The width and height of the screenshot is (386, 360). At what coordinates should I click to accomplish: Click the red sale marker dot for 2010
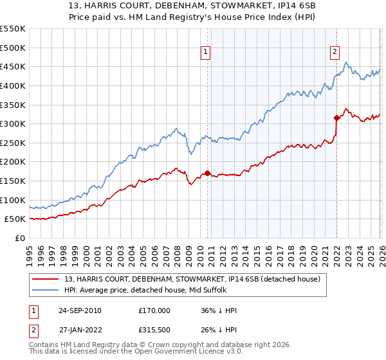click(207, 173)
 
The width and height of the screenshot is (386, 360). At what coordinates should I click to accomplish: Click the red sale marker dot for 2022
click(336, 118)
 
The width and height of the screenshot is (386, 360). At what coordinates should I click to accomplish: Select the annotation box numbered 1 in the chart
click(205, 53)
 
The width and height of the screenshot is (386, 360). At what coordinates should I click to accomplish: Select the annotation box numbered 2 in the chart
click(335, 53)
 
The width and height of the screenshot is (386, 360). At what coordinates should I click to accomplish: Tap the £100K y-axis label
click(13, 200)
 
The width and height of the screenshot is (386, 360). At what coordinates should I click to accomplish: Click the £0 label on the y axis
click(19, 238)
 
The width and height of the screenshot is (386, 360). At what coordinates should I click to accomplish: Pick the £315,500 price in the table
click(154, 330)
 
